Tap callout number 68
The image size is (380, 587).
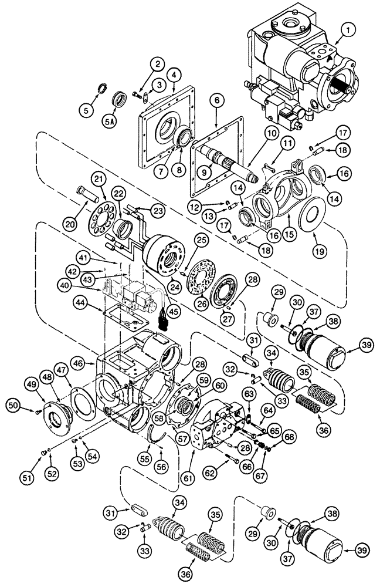coord(289,436)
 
